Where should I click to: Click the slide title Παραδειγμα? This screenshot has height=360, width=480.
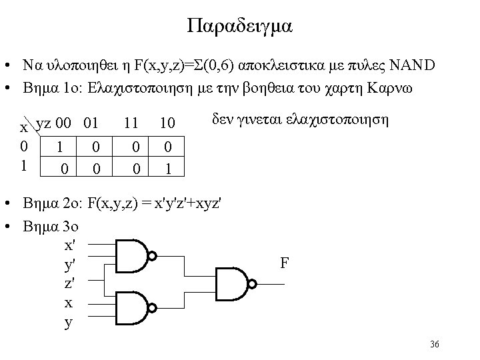[240, 27]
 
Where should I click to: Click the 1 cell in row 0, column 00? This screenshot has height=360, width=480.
[61, 145]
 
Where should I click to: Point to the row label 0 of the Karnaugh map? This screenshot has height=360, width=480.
[24, 145]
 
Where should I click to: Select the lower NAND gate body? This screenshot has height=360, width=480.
[131, 307]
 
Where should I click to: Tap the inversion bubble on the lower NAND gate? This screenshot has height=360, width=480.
[153, 307]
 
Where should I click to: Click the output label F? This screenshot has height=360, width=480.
[285, 263]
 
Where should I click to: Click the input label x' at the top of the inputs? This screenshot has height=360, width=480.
[69, 245]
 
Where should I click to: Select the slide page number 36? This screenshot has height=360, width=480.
[435, 344]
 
